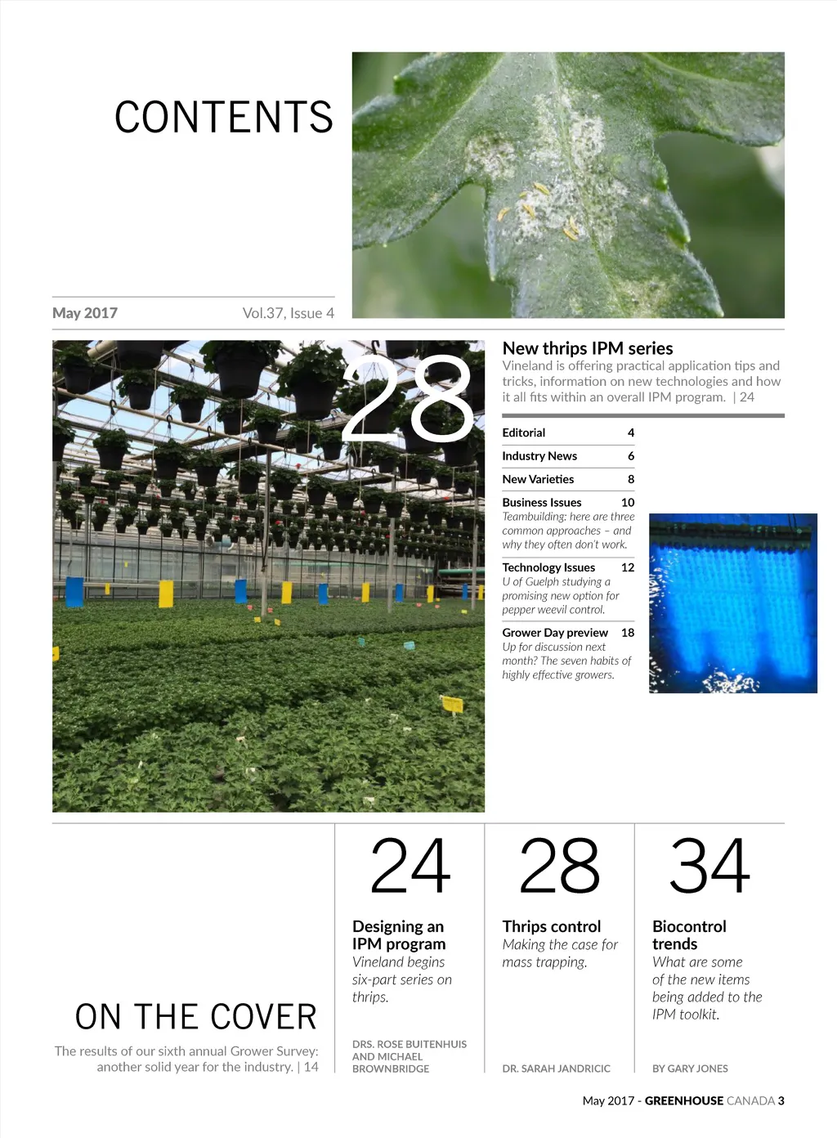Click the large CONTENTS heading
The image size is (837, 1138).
[224, 117]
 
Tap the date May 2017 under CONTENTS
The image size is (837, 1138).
[85, 313]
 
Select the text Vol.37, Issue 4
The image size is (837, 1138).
[288, 313]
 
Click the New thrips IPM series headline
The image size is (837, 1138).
[588, 348]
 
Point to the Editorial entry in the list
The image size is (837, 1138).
[524, 432]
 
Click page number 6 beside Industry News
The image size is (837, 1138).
[630, 456]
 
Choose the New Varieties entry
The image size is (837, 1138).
[538, 479]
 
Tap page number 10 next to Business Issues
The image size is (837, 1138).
[628, 502]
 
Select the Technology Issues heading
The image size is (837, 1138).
[548, 567]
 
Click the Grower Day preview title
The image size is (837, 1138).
[555, 633]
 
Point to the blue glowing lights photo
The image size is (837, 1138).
[732, 603]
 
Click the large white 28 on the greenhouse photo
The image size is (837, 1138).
[408, 399]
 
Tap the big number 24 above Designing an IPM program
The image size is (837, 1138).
[410, 867]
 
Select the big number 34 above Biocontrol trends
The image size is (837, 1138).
[709, 867]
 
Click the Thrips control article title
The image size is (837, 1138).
[552, 926]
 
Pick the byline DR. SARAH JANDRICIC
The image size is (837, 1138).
[556, 1069]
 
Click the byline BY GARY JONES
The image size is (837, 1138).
[690, 1069]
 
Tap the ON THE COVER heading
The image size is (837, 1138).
[196, 1017]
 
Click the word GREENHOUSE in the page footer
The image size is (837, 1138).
[684, 1101]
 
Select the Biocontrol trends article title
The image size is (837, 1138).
[689, 934]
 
